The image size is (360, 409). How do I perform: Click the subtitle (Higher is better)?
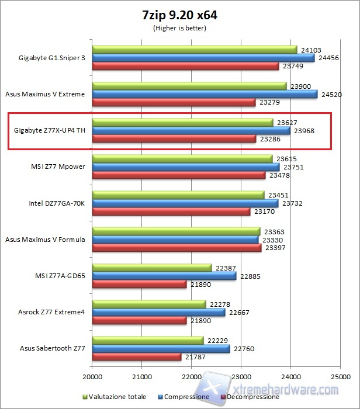[x=179, y=27]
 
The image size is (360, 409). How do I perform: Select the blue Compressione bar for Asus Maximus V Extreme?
[x=205, y=94]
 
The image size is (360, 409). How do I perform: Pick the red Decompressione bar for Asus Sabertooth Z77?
[x=137, y=356]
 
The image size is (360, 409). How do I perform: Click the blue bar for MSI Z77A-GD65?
[x=164, y=276]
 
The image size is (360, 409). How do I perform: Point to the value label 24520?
[x=331, y=94]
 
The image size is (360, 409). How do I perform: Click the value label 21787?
[x=195, y=357]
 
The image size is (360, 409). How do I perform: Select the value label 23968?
[x=303, y=131]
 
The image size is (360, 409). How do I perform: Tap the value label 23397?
[x=275, y=248]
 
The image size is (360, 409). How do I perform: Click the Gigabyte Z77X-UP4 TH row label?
[x=49, y=130]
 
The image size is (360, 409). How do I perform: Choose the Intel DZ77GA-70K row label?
[x=57, y=203]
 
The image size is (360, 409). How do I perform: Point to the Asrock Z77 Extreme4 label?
[x=51, y=312]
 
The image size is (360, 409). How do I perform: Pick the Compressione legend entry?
[x=186, y=397]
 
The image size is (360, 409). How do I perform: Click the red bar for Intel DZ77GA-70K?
[x=171, y=212]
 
